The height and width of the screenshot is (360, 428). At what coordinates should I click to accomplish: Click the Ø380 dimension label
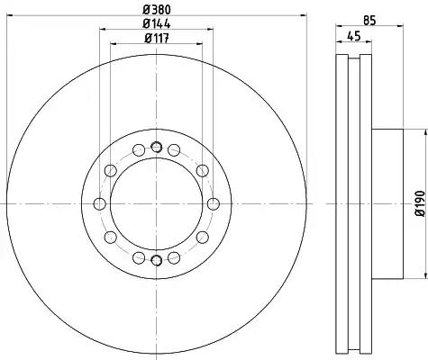(157, 10)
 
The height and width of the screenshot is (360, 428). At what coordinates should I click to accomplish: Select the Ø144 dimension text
(157, 23)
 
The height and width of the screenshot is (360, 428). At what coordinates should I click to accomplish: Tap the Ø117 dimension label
(157, 38)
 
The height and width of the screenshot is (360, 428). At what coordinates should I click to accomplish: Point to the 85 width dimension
(369, 21)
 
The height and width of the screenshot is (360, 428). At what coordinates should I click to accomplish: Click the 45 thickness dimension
(353, 36)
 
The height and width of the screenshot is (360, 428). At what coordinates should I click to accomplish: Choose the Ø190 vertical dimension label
(421, 203)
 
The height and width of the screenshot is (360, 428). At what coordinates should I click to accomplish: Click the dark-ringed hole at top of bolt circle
(156, 147)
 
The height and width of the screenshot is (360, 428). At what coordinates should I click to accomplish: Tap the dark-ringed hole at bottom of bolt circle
(156, 260)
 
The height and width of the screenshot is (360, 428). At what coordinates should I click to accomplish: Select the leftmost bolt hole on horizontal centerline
(100, 204)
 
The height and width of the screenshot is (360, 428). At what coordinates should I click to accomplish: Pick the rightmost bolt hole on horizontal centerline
(214, 204)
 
